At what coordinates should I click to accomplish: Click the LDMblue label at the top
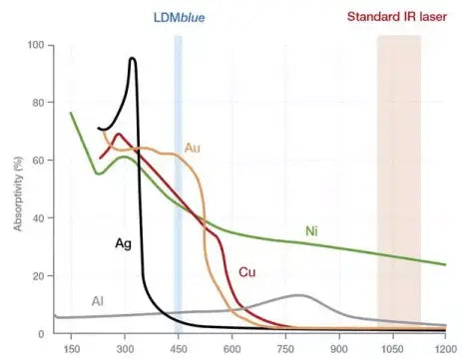coord(179,17)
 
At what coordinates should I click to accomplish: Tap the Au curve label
coord(194,148)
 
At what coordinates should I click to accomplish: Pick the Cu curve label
coord(246,272)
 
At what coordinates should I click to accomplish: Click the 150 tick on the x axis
coord(71,350)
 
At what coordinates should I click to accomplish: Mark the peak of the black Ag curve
coord(132,59)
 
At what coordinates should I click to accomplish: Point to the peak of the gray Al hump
coord(298,295)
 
